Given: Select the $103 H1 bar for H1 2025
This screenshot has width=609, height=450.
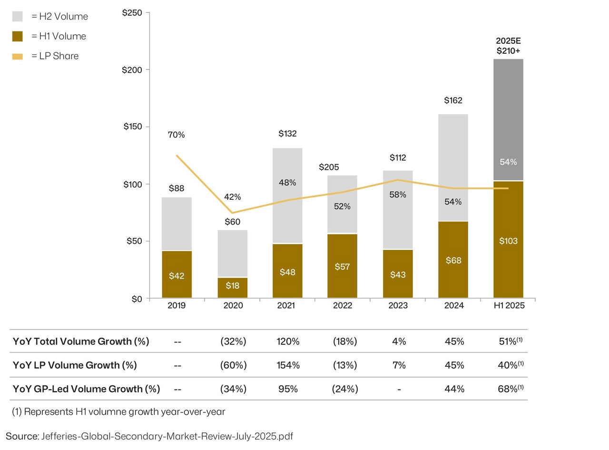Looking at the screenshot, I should pos(508,240).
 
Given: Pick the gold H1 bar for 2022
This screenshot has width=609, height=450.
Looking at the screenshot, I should pos(342,266).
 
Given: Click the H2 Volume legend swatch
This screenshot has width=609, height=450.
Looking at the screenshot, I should pos(18,17).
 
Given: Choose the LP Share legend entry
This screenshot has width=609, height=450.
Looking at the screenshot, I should pos(55,56).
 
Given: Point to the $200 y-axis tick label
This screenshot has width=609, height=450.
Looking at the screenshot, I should pos(132,70).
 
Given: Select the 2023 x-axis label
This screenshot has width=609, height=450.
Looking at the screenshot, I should pos(398,305).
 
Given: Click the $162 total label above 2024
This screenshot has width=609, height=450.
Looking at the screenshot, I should pos(453,100).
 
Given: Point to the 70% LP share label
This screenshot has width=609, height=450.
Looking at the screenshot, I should pos(176,135).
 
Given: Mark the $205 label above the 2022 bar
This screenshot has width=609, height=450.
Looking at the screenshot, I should pos(328,167).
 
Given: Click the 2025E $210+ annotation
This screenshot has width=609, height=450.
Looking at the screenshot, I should pos(508,46).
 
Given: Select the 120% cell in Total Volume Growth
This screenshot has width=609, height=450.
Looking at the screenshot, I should pos(288,342).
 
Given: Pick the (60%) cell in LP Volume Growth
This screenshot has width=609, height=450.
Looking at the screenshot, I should pos(233,365).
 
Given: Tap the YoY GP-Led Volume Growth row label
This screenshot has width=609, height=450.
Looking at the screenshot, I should pos(86,389).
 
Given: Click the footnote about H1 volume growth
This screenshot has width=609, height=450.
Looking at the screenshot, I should pos(118,412).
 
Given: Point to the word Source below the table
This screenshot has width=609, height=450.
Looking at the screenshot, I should pos(21,436).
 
